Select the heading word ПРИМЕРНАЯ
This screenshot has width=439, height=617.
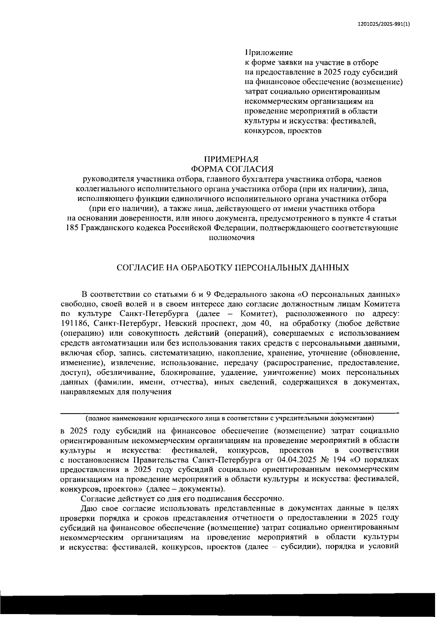[x=231, y=159]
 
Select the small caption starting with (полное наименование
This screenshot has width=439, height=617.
[x=229, y=418]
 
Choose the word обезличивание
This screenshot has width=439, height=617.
[x=128, y=373]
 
